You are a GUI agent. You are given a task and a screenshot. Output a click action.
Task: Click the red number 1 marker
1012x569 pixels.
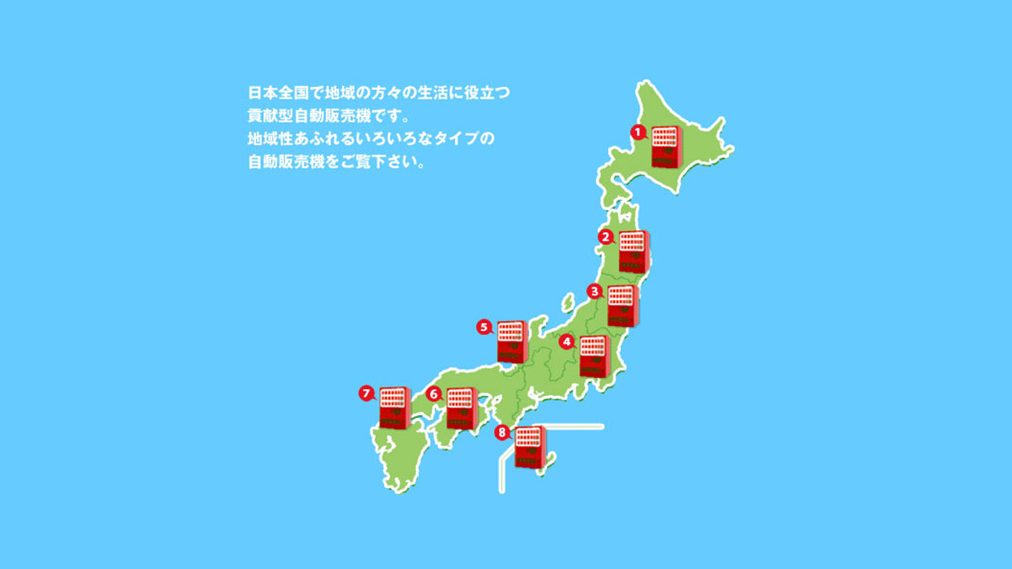pyautogui.click(x=637, y=131)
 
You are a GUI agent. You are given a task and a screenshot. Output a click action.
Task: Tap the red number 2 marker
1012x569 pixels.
pyautogui.click(x=604, y=237)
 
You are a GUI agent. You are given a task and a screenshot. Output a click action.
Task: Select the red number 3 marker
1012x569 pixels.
pyautogui.click(x=594, y=290)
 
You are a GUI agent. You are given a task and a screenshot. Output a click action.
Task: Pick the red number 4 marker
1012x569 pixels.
pyautogui.click(x=567, y=342)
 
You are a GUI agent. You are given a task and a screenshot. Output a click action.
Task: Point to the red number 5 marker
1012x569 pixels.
pyautogui.click(x=483, y=326)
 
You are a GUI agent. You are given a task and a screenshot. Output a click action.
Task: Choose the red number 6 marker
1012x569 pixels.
pyautogui.click(x=434, y=394)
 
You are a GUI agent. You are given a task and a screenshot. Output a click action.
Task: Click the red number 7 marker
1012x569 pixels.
pyautogui.click(x=365, y=393)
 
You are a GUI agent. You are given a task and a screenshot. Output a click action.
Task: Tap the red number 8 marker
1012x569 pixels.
pyautogui.click(x=501, y=433)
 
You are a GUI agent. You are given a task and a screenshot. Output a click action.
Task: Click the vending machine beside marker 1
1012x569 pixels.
pyautogui.click(x=665, y=146)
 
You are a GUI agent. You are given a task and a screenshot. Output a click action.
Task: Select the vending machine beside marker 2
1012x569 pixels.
pyautogui.click(x=632, y=251)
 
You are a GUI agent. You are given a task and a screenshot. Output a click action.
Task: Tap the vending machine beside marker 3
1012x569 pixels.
pyautogui.click(x=622, y=306)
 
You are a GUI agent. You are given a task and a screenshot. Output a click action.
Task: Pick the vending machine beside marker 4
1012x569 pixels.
pyautogui.click(x=594, y=356)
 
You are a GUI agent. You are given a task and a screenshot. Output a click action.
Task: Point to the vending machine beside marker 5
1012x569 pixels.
pyautogui.click(x=511, y=341)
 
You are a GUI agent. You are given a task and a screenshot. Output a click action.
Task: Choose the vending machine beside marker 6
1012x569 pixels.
pyautogui.click(x=462, y=407)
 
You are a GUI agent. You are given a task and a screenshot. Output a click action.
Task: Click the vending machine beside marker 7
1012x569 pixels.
pyautogui.click(x=394, y=407)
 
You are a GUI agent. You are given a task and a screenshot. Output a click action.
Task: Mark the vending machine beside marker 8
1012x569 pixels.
pyautogui.click(x=528, y=446)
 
